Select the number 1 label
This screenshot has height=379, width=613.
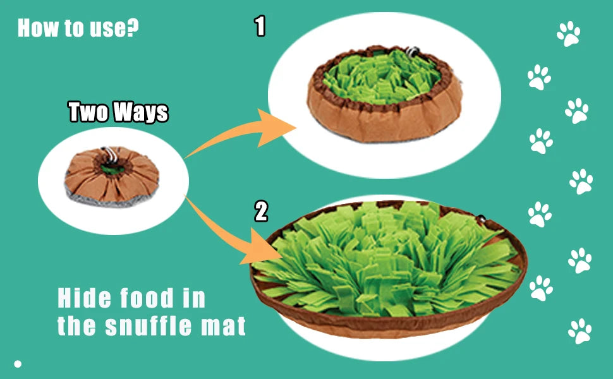click(260, 27)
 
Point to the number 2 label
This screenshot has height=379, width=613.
click(261, 211)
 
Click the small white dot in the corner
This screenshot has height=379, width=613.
click(18, 364)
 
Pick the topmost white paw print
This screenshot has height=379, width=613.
click(569, 33)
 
